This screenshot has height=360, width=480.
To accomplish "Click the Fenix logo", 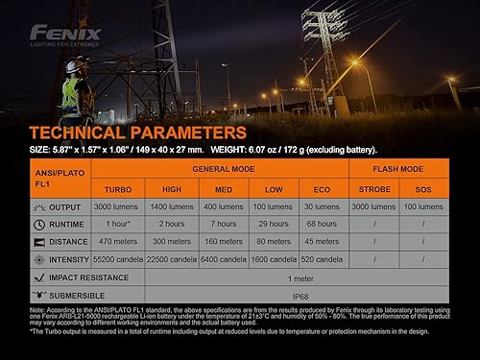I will tap(59, 33).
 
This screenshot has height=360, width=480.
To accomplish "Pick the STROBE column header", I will tap(374, 190).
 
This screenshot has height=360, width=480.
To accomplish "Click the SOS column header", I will tap(422, 190).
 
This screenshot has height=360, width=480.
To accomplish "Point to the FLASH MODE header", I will tap(397, 167).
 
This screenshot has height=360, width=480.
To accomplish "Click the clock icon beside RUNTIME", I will tap(39, 224).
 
